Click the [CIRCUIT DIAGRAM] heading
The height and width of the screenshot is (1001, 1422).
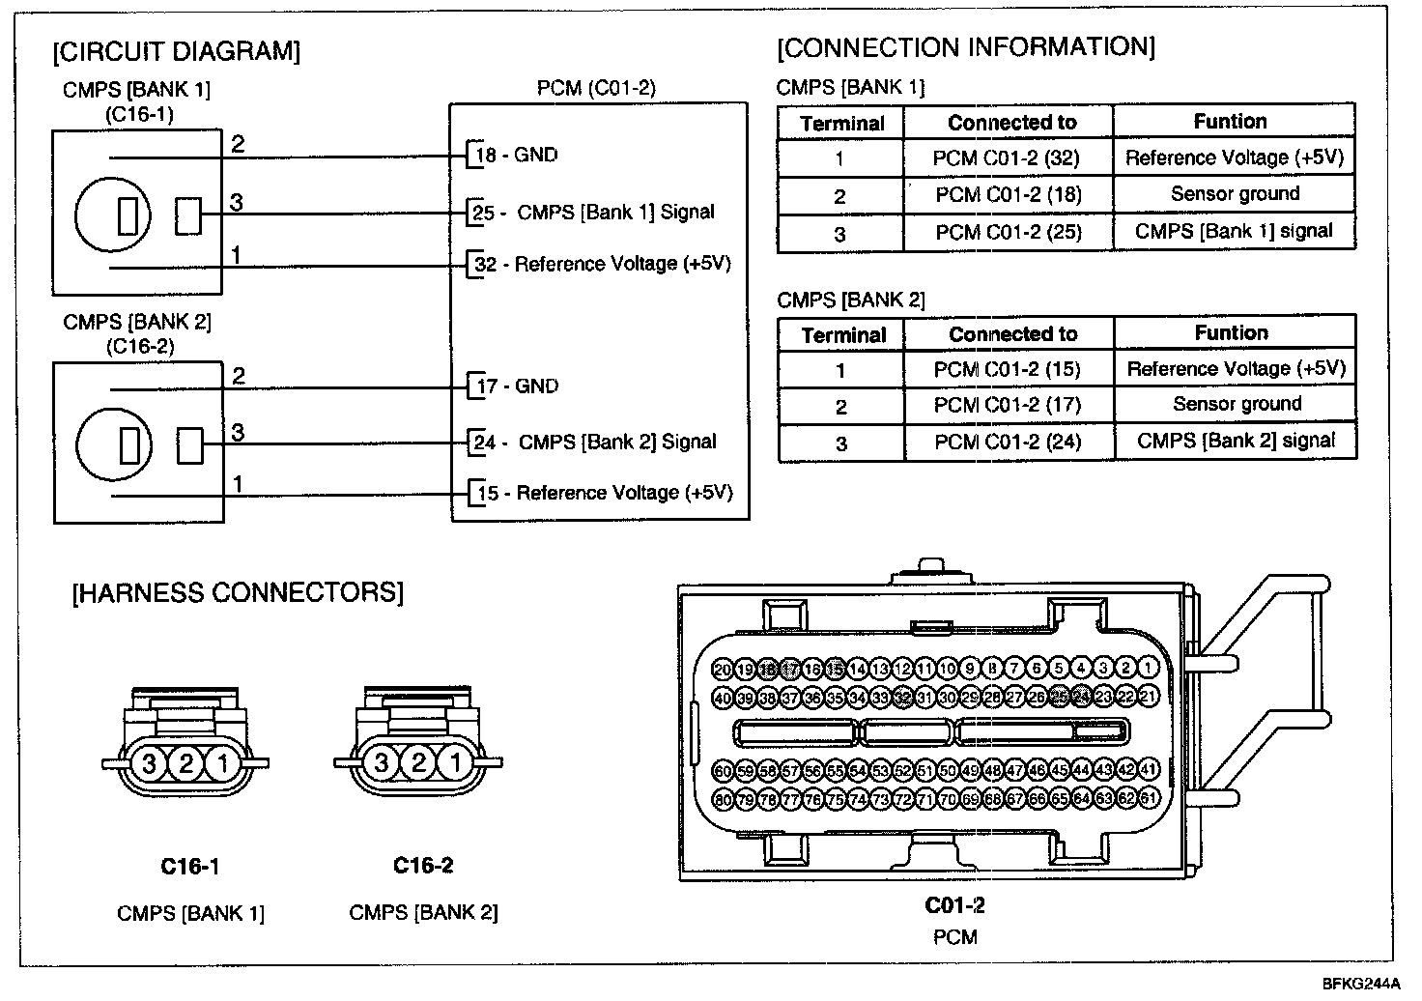click(x=177, y=51)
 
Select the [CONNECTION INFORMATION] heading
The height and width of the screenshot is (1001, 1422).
click(x=965, y=47)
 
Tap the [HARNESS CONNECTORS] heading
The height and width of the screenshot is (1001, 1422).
click(x=238, y=592)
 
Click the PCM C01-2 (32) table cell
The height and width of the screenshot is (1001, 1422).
click(x=1007, y=157)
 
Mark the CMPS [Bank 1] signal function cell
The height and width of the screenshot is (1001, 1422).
click(x=1234, y=232)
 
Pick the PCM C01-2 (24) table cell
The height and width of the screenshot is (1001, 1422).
click(x=1008, y=443)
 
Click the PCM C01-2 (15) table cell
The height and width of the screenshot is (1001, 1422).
click(x=1008, y=369)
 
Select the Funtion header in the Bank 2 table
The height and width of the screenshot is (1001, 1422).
click(x=1232, y=333)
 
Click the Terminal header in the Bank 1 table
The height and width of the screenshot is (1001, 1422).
click(x=842, y=124)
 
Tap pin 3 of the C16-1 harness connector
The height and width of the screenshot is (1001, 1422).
click(x=149, y=763)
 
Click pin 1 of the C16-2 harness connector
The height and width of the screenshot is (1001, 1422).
click(x=454, y=763)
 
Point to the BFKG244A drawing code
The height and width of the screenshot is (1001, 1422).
click(x=1360, y=984)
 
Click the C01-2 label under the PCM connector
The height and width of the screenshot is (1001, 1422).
click(x=955, y=905)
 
